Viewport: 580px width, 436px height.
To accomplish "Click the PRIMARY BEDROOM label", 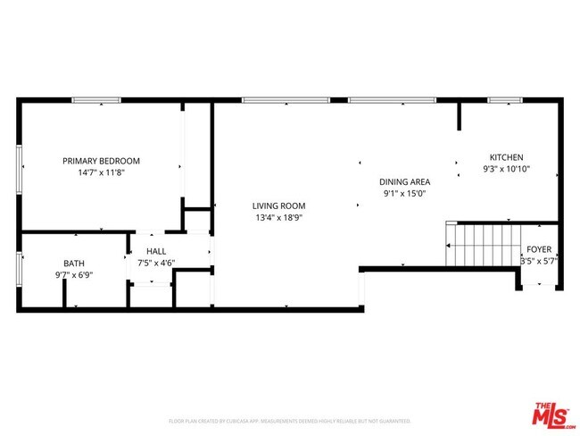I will [x=101, y=161].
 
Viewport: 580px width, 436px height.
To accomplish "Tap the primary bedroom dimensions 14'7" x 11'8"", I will [x=101, y=172].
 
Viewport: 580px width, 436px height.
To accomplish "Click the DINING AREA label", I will [x=405, y=180].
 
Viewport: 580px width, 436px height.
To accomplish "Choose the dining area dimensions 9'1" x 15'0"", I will [x=405, y=192].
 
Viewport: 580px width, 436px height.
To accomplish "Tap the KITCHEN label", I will [x=506, y=157].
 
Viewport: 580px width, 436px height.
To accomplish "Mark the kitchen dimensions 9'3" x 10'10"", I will [x=506, y=169].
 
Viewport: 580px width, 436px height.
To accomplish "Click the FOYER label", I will [x=539, y=250].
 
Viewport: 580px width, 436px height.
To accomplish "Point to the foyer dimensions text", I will [x=539, y=262].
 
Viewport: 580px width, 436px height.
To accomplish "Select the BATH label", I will [x=73, y=264].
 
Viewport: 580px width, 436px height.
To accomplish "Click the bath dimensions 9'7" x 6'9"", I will [x=73, y=275].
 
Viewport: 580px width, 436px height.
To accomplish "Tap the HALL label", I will [x=156, y=252].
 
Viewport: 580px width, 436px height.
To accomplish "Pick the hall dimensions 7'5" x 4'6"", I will [x=156, y=264].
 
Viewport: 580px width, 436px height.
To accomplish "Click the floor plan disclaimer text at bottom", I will [x=289, y=420].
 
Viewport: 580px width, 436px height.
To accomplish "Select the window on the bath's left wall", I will [x=19, y=267].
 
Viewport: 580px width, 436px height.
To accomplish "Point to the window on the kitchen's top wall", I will [x=505, y=100].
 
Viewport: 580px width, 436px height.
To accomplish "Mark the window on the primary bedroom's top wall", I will [x=97, y=100].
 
